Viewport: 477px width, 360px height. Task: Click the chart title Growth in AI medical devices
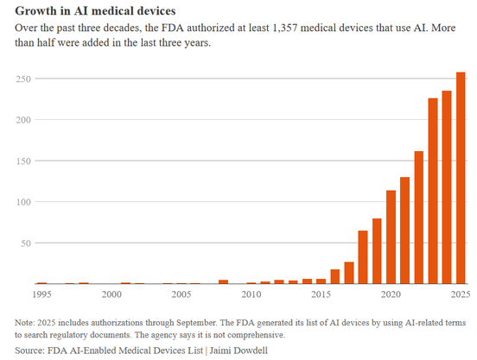(95, 11)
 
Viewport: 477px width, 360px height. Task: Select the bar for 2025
(461, 178)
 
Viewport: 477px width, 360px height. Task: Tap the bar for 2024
(447, 187)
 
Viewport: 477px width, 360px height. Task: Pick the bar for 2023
(433, 191)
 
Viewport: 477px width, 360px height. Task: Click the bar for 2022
(418, 218)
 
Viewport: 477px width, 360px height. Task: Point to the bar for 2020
(391, 237)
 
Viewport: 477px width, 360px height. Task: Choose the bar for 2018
(363, 257)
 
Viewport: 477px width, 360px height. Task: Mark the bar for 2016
(335, 276)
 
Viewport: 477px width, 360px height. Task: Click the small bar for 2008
(223, 281)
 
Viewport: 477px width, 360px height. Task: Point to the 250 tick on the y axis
(23, 79)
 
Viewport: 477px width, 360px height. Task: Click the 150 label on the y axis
(23, 161)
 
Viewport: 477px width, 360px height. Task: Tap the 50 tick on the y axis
(26, 243)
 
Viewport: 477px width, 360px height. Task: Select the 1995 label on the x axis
(41, 294)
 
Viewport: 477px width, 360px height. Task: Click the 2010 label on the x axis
(251, 294)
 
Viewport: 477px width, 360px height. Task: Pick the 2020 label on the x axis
(391, 294)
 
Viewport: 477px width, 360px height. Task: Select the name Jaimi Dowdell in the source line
(238, 351)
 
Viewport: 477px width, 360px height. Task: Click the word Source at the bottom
(29, 351)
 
